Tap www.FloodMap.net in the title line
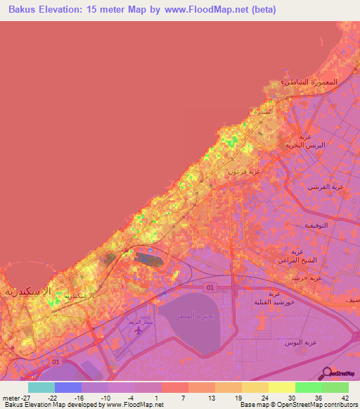215,10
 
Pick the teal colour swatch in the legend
41,387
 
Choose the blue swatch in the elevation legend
68,387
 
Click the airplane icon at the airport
139,328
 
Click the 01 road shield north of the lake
210,288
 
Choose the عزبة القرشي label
323,187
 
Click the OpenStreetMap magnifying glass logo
328,375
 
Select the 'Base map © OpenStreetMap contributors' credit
298,405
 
